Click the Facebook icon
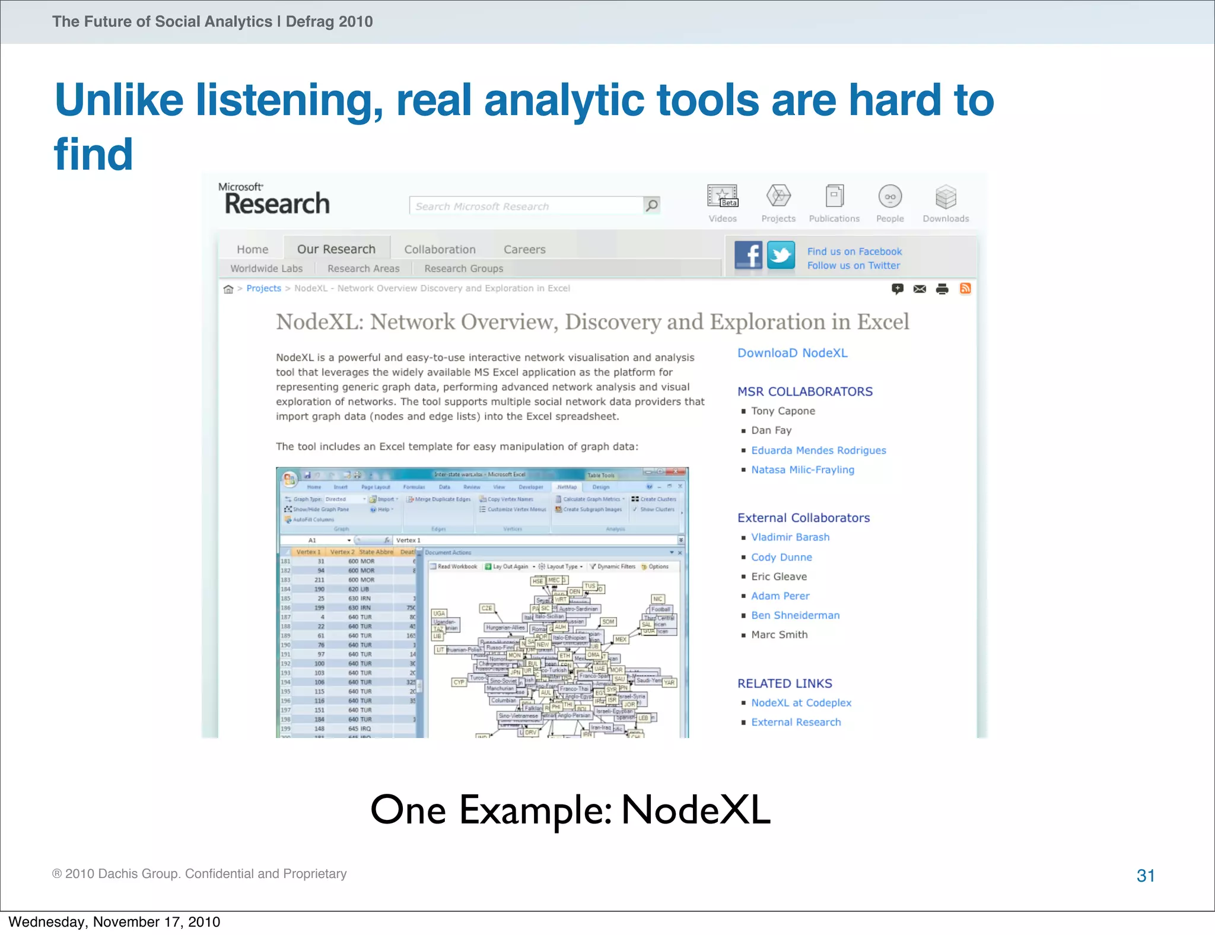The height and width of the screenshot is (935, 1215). [748, 256]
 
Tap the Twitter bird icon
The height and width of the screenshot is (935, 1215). [781, 256]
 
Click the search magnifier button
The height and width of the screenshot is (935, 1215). [651, 205]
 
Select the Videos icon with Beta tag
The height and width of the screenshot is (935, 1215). [722, 196]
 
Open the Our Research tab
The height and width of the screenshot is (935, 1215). [336, 249]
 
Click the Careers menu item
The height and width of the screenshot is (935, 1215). [524, 250]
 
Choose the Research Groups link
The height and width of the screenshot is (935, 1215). [463, 269]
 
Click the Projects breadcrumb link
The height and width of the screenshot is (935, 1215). [263, 288]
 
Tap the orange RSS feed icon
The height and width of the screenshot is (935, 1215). [965, 289]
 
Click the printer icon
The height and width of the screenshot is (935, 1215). [942, 289]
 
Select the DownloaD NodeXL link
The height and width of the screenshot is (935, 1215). [792, 353]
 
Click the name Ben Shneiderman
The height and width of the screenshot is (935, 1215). [795, 615]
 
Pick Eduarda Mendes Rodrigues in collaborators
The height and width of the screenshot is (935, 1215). [818, 450]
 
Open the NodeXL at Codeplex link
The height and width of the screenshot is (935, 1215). [801, 702]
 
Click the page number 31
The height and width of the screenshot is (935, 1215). [1146, 876]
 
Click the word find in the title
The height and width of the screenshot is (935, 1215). [94, 154]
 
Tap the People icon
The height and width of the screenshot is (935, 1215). [890, 196]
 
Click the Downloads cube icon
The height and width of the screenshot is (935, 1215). [946, 197]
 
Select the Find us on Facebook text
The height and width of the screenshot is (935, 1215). [854, 252]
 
